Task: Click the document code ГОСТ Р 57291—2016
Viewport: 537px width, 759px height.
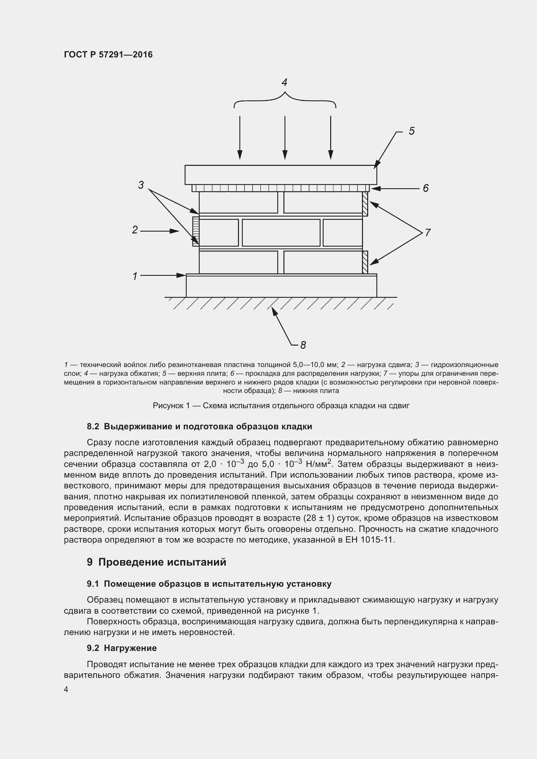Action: (x=108, y=55)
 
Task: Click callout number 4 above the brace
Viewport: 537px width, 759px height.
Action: (x=284, y=82)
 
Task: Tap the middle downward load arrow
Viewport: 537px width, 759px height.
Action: (x=285, y=137)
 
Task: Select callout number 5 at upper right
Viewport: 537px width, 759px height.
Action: (x=411, y=131)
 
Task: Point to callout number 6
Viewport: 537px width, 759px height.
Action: (x=426, y=188)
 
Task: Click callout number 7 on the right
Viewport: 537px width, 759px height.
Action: (x=428, y=232)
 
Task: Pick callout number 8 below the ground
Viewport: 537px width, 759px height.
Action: (x=303, y=345)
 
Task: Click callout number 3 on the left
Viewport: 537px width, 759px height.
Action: (x=141, y=185)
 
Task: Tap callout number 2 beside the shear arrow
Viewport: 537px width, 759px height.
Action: (x=135, y=230)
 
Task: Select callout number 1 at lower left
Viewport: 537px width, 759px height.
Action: (x=135, y=276)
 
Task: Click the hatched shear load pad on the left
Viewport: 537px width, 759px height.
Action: (x=196, y=231)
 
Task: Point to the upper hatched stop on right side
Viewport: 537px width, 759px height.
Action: (x=365, y=204)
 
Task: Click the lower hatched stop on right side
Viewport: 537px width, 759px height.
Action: (x=365, y=262)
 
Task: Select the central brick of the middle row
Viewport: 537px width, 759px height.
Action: (x=281, y=232)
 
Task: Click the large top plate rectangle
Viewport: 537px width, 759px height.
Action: (x=281, y=175)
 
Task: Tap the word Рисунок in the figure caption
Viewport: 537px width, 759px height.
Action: (x=168, y=406)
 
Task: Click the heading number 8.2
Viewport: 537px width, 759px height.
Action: (x=93, y=426)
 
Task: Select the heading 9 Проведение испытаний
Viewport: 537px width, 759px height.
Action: (x=156, y=562)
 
